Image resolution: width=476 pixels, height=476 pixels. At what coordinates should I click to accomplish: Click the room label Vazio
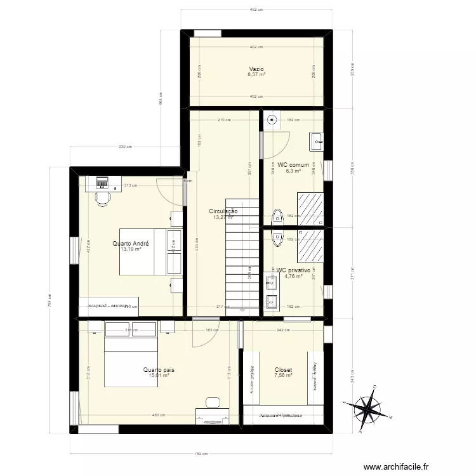pyautogui.click(x=256, y=69)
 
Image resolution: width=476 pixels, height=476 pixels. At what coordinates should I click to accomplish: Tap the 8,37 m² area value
pyautogui.click(x=256, y=74)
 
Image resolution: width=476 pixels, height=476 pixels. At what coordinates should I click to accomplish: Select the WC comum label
pyautogui.click(x=293, y=165)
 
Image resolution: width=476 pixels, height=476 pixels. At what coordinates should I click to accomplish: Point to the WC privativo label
pyautogui.click(x=293, y=270)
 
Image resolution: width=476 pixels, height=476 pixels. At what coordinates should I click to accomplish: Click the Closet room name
pyautogui.click(x=283, y=369)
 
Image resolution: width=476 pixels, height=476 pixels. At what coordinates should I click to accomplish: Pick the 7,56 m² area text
pyautogui.click(x=283, y=375)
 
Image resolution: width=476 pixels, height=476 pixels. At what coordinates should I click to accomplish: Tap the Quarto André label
pyautogui.click(x=131, y=243)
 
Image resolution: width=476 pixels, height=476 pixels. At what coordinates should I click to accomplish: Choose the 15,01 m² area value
pyautogui.click(x=159, y=375)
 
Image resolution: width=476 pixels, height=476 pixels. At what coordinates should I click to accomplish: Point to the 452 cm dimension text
pyautogui.click(x=256, y=10)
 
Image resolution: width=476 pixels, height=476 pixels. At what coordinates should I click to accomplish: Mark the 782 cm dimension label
pyautogui.click(x=199, y=453)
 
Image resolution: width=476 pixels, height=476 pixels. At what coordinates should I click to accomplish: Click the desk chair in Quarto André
pyautogui.click(x=102, y=197)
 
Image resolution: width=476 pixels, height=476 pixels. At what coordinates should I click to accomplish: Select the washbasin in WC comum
pyautogui.click(x=316, y=142)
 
